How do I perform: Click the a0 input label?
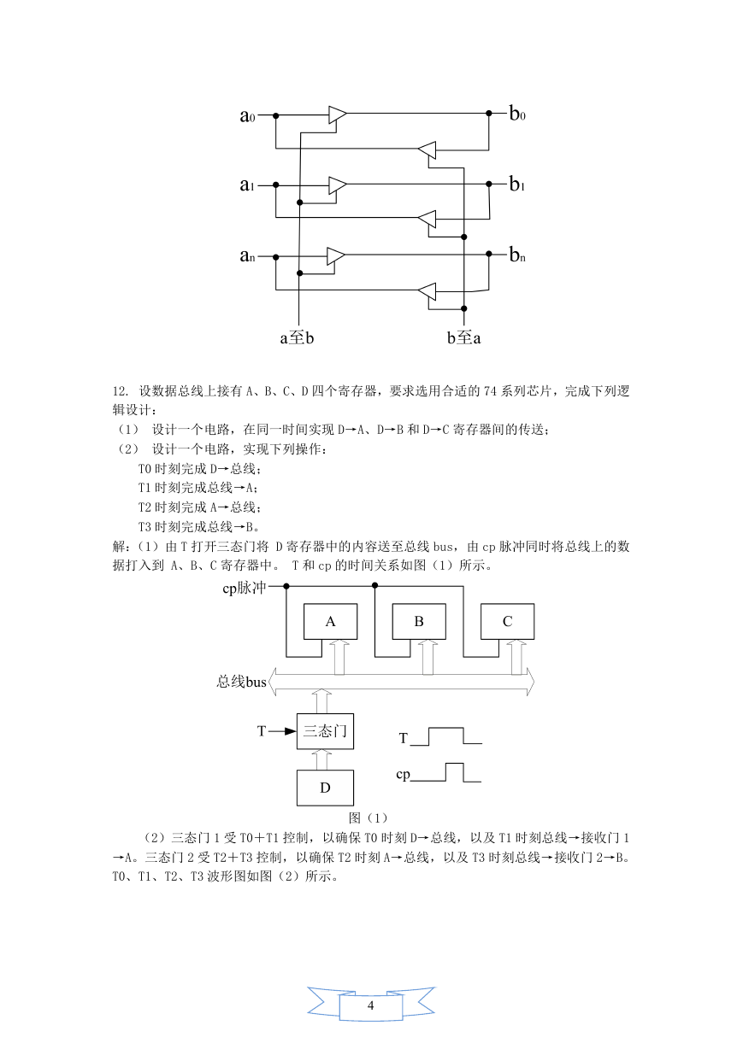tap(247, 115)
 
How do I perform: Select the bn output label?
tap(517, 255)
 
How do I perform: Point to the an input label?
tap(247, 255)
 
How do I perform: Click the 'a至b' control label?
tap(297, 337)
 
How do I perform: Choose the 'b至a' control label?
tap(463, 337)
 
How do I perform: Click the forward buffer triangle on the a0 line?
tap(338, 114)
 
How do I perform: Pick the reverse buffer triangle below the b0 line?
tap(427, 149)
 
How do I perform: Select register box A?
tap(331, 621)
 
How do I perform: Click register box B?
tap(419, 621)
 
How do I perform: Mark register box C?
tap(507, 621)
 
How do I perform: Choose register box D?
tap(325, 788)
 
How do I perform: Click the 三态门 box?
tap(325, 731)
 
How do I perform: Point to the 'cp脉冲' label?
tap(245, 588)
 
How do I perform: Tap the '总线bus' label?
tap(241, 682)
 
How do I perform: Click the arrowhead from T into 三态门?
tap(291, 731)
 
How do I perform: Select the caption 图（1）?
tap(369, 818)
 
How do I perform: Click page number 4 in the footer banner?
tap(371, 1005)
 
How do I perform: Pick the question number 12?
tap(121, 391)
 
